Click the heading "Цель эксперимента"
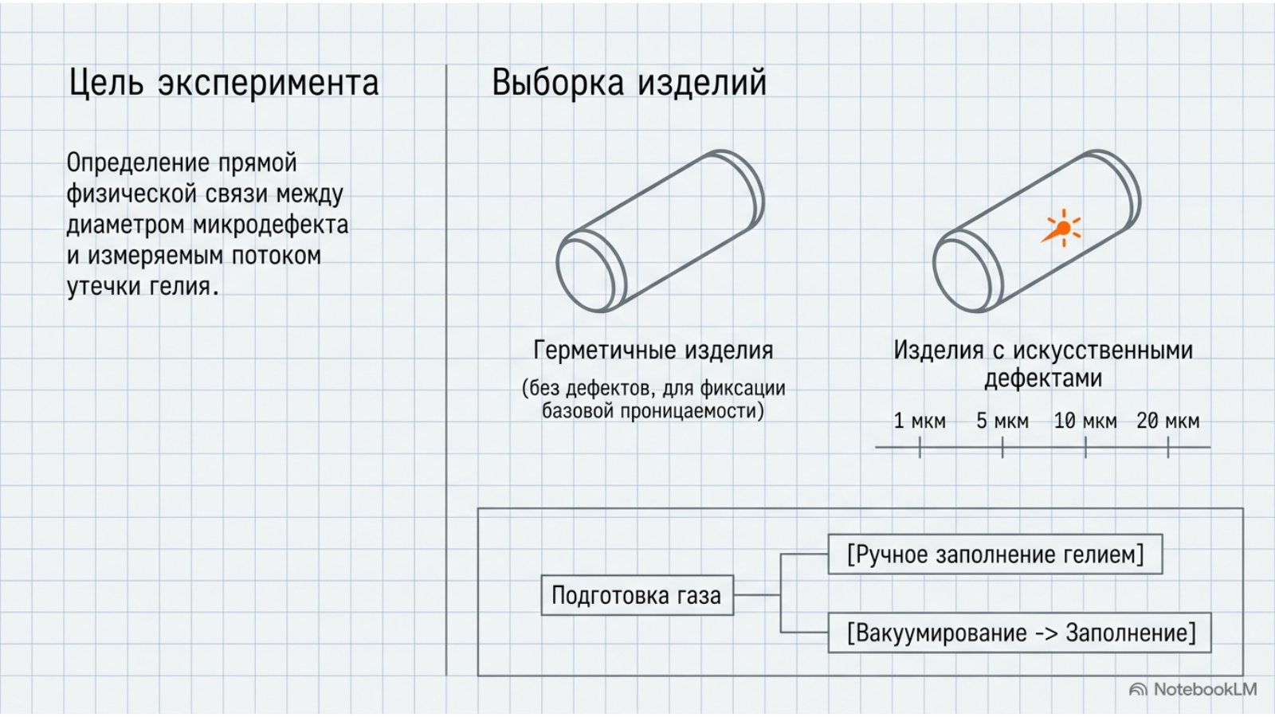tap(224, 83)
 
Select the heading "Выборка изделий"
tap(629, 83)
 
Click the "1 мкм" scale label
tap(920, 421)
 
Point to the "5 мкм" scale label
tap(1002, 421)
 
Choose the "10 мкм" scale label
tap(1085, 421)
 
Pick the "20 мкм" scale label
tap(1168, 421)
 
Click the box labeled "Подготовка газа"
tap(637, 595)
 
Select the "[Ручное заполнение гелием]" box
tap(995, 554)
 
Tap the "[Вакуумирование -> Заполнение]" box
tap(1019, 633)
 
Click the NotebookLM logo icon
tap(1138, 690)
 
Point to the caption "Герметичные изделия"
tap(653, 351)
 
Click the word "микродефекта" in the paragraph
tap(270, 225)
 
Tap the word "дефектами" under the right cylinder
tap(1043, 378)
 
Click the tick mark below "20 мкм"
tap(1168, 447)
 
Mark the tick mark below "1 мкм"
tap(920, 447)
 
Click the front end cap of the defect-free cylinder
tap(590, 274)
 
